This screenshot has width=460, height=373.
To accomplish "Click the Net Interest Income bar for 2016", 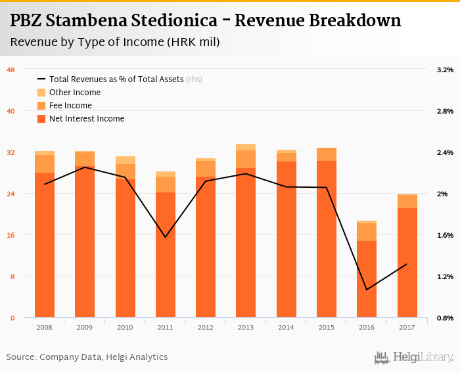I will pos(367,279).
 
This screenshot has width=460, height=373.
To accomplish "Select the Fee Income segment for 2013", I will pos(246,159).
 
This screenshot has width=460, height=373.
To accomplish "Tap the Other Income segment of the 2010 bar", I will pos(126,160).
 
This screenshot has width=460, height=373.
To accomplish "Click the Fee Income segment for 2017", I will pos(407,201).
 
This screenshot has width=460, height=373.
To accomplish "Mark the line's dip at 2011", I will pos(166,237).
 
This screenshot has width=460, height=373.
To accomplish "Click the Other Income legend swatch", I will pos(41,93).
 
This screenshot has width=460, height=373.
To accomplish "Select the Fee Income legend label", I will pos(70,106).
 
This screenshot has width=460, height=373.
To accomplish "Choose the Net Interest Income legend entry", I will pos(86,119).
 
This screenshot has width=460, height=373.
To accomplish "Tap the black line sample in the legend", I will pos(41,79).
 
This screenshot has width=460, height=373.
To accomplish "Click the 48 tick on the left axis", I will pos(11,70).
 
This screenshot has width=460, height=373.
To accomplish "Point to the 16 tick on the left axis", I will pos(11,235).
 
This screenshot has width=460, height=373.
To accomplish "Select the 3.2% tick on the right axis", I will pos(445,70).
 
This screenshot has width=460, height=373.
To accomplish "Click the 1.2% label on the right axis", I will pos(445,276).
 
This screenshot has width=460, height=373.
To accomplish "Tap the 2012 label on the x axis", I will pos(206,326).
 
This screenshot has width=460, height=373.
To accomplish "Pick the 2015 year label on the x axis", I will pos(327,326).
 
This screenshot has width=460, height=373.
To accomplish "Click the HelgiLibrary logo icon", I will pos(382,357).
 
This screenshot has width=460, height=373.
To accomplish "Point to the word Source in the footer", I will pos(20,357).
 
